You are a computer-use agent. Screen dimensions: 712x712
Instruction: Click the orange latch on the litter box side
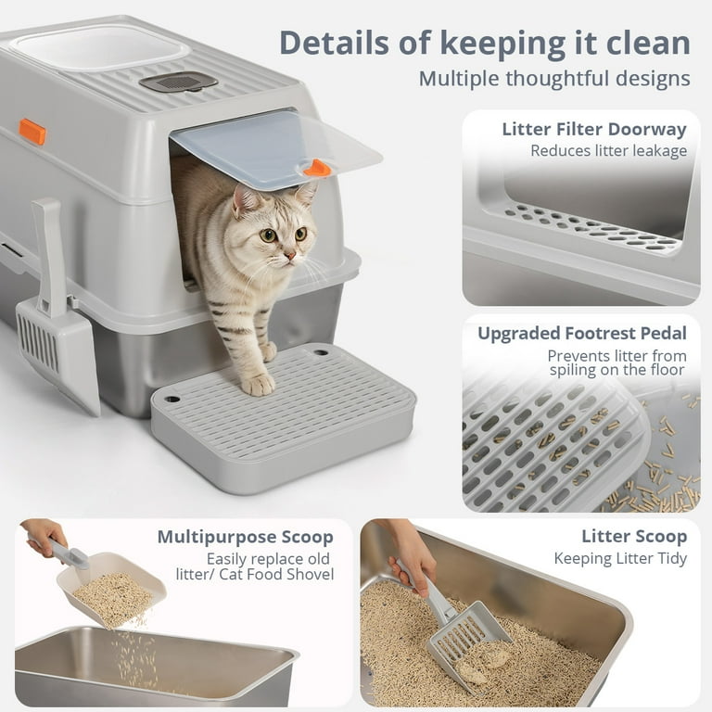click(x=32, y=131)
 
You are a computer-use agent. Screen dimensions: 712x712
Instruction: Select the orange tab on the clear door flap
click(x=317, y=168)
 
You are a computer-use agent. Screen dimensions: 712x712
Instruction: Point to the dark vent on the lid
click(x=178, y=82)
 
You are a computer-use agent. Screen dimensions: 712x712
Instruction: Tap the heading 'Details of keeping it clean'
click(x=484, y=44)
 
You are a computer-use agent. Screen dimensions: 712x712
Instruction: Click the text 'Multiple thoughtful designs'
click(x=553, y=78)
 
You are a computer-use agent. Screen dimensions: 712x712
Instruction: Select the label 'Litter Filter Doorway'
click(x=593, y=129)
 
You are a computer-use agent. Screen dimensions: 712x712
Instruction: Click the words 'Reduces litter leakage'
click(x=608, y=150)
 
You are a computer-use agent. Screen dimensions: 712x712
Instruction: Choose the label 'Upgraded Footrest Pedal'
click(x=581, y=334)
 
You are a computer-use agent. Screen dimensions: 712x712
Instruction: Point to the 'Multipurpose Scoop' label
click(x=245, y=537)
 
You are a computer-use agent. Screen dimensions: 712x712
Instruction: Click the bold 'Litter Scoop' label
click(x=634, y=537)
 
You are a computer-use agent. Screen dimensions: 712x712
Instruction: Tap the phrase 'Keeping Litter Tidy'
click(x=620, y=558)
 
